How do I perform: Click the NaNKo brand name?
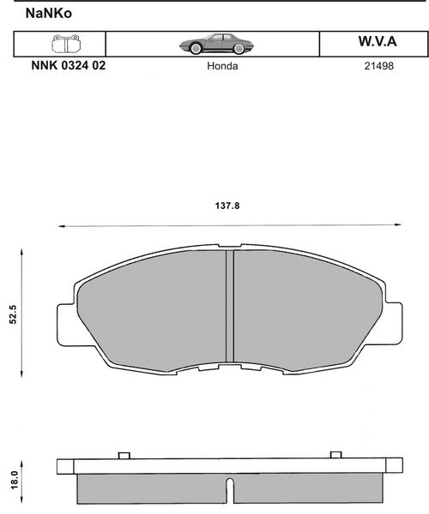click(49, 14)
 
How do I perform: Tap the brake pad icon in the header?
click(66, 44)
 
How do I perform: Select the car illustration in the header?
click(216, 44)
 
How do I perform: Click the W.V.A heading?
click(378, 41)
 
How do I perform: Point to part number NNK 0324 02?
click(69, 66)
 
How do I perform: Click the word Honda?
click(222, 66)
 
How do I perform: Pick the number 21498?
click(378, 66)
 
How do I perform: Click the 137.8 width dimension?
click(227, 206)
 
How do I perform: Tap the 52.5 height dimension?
click(13, 314)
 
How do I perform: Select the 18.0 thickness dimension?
click(15, 481)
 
